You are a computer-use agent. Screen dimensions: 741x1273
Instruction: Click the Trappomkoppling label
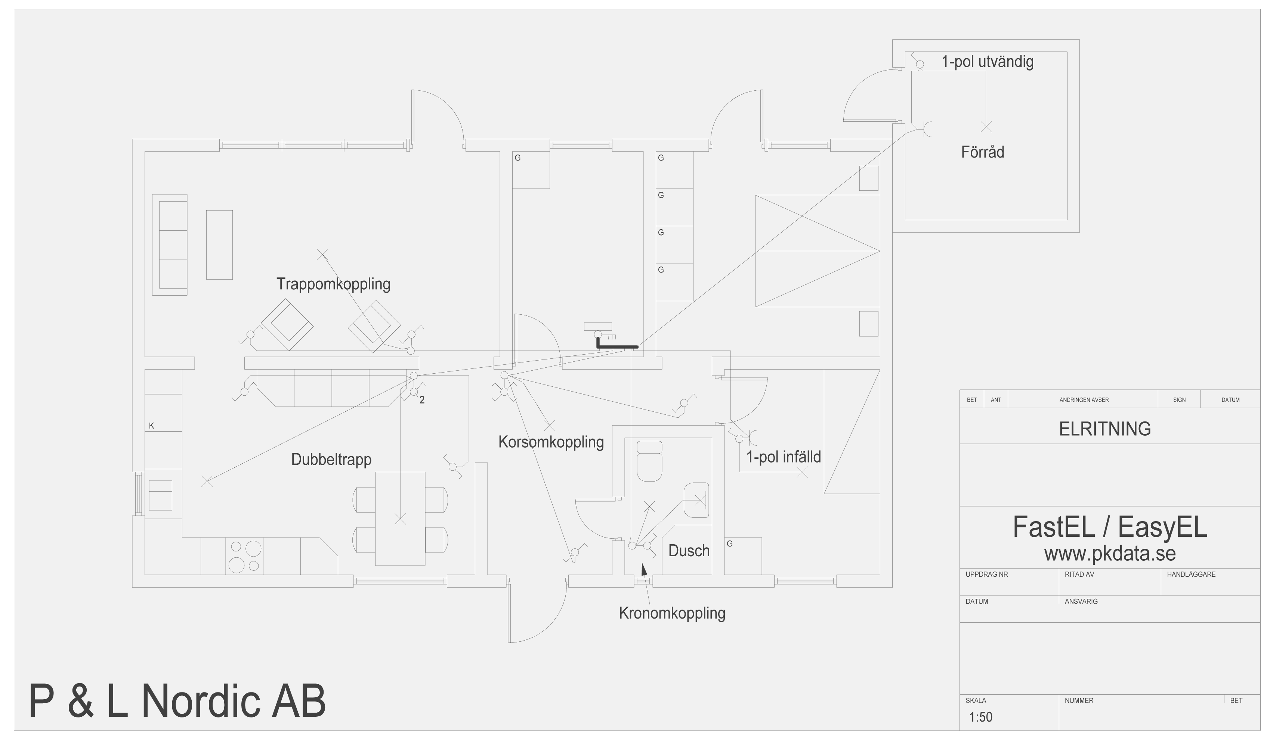(x=333, y=284)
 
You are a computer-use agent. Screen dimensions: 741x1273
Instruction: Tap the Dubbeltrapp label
(x=331, y=460)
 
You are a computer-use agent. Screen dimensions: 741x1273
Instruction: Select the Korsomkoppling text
(x=551, y=442)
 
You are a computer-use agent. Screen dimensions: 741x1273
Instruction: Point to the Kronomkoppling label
(x=672, y=613)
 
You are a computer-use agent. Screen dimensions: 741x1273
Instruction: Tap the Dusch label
(x=689, y=551)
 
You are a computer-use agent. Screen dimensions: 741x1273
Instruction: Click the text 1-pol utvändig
(x=987, y=62)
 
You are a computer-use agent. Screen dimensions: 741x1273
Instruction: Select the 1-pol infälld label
(x=783, y=457)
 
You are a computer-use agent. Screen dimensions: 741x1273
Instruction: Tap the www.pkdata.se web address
(x=1109, y=554)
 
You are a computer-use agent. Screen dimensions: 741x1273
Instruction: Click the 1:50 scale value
(x=980, y=717)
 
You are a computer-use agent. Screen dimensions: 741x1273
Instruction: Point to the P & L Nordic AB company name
(x=177, y=702)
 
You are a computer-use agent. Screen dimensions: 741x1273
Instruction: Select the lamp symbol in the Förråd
(x=986, y=127)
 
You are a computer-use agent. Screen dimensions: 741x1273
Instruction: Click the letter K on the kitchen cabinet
(x=152, y=426)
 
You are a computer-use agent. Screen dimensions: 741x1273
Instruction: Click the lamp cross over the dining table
(x=400, y=519)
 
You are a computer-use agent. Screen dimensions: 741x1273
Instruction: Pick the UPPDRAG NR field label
(x=986, y=575)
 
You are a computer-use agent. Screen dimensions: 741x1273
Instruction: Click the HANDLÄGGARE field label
(x=1191, y=575)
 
